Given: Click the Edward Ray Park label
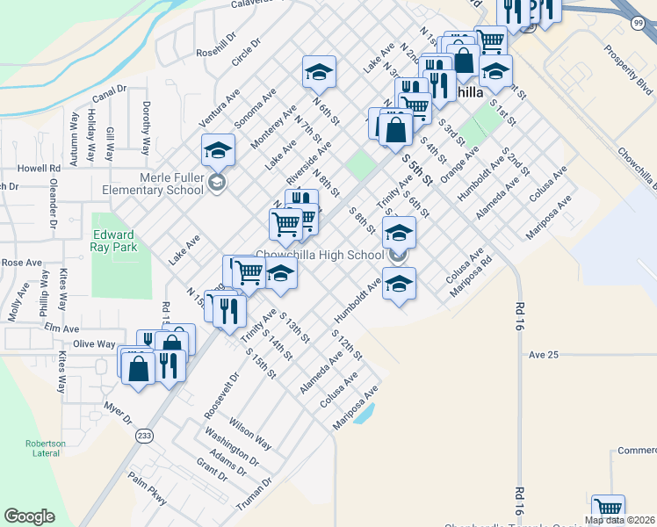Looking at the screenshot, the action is pos(112,241).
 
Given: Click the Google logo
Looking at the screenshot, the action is pos(29,516).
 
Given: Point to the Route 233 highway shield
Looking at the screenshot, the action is pos(145,435).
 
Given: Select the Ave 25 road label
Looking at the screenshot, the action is pos(544,354).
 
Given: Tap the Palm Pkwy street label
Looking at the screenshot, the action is pos(147,484).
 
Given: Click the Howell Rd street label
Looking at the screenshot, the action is pos(42,167).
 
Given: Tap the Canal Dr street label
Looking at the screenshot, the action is pos(110,94).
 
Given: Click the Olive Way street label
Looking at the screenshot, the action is pos(94,343).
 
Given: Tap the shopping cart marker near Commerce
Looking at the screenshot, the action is pos(608,509).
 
